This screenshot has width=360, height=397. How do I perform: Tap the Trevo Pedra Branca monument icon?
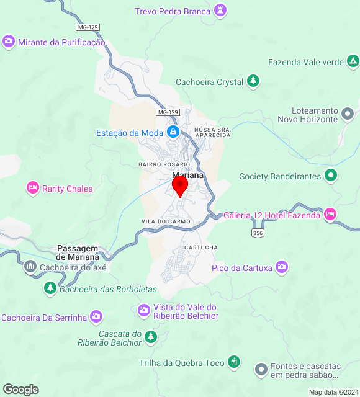220,11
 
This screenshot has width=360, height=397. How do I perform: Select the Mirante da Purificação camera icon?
9,42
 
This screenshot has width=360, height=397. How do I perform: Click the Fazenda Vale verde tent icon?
353,61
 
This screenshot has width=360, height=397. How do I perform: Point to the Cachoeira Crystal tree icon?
253,81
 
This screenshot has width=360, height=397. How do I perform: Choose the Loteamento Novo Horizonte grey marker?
348,114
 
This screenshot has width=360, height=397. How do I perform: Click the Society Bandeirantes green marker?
331,176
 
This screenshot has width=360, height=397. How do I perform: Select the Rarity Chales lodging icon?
32,188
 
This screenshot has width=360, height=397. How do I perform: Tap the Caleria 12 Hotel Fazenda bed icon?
330,215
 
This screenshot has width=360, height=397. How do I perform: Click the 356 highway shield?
258,233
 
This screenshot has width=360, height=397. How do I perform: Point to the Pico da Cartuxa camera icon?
282,267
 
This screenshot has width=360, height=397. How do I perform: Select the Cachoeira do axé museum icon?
30,267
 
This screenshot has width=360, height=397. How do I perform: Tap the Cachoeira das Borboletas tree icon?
50,288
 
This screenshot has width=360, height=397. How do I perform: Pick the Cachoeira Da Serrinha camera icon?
96,317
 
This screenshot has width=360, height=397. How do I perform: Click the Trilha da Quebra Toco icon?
233,362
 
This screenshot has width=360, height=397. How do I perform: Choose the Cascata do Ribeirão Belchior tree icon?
150,337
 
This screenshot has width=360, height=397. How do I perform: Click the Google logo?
20,389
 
